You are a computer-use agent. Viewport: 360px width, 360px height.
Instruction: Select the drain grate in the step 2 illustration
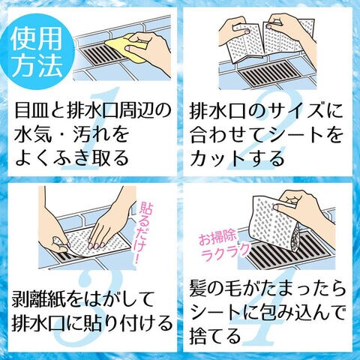click(271, 73)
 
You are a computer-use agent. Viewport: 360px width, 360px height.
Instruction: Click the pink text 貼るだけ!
click(145, 232)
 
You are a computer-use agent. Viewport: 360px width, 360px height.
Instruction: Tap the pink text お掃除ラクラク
click(224, 246)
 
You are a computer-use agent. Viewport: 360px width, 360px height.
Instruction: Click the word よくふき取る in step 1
click(72, 158)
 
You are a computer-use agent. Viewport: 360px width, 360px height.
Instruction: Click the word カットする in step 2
click(237, 158)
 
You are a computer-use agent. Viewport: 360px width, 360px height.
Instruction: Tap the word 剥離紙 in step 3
click(37, 299)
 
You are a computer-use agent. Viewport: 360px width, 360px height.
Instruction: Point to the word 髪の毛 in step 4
click(214, 290)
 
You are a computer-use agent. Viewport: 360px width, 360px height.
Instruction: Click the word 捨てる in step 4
click(214, 335)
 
